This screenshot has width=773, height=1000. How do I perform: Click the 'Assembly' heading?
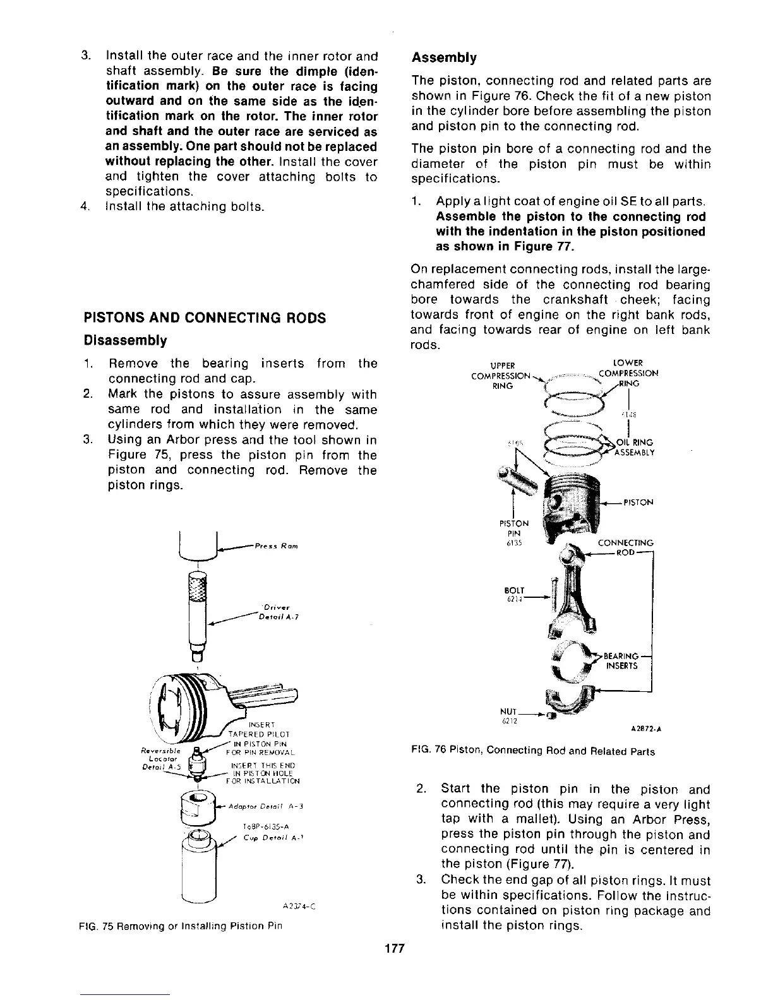tap(443, 58)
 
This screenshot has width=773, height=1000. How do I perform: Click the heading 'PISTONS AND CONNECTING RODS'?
tap(205, 318)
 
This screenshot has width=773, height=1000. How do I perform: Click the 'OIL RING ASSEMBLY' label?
tap(634, 447)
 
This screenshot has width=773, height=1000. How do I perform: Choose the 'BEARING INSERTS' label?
tap(622, 660)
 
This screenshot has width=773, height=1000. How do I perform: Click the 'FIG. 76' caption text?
tap(532, 751)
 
